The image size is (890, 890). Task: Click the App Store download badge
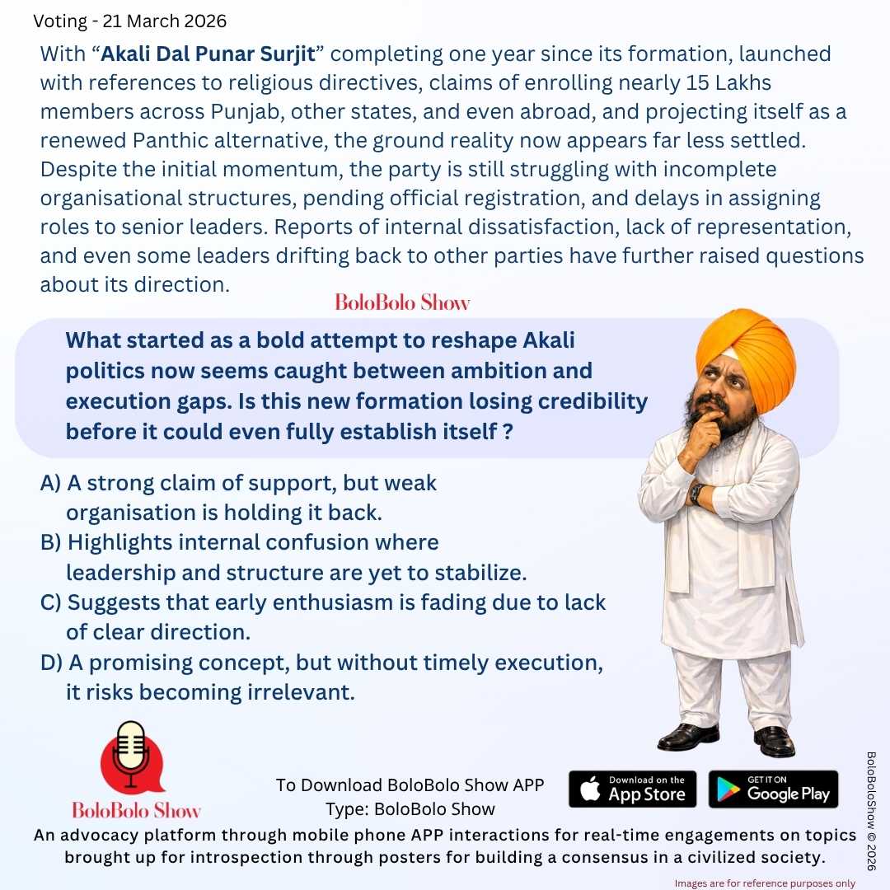click(x=632, y=789)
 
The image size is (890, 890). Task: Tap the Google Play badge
click(x=773, y=789)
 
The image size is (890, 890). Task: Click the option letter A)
click(x=50, y=483)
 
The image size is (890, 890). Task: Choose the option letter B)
click(x=50, y=542)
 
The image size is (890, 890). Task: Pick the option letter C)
click(x=50, y=602)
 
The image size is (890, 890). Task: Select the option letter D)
click(x=51, y=662)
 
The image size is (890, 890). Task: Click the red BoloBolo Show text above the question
click(x=402, y=302)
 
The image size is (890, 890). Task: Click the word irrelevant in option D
click(x=301, y=692)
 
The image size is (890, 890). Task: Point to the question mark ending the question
click(x=508, y=431)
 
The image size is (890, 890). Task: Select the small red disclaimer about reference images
click(x=765, y=883)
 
